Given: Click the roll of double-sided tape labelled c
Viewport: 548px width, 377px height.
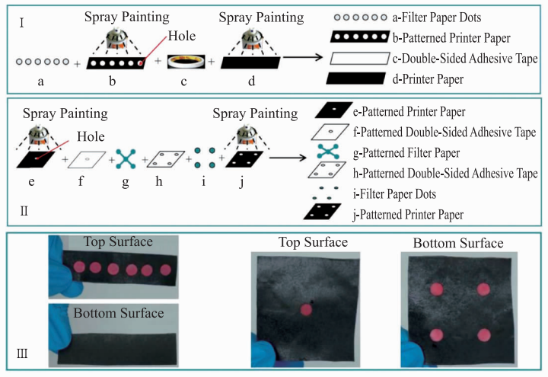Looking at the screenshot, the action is click(x=186, y=61).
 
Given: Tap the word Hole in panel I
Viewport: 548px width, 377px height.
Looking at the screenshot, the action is click(x=182, y=36).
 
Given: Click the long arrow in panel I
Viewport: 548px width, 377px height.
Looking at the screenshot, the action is click(x=303, y=57).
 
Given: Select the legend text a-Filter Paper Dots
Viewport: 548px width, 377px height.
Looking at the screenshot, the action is click(x=437, y=18).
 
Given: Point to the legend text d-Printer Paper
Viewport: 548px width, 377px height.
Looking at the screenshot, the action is click(x=428, y=79).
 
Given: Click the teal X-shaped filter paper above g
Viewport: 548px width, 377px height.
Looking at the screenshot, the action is click(x=126, y=159).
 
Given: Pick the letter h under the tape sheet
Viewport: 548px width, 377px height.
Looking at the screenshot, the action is click(x=159, y=181).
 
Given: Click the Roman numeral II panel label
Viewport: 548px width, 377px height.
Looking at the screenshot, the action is click(x=24, y=211).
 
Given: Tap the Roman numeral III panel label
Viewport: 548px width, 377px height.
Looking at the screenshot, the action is click(x=22, y=354).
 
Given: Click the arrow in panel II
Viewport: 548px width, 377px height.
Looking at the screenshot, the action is click(x=288, y=158).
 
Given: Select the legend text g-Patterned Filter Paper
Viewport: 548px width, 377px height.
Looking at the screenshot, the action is click(x=406, y=153).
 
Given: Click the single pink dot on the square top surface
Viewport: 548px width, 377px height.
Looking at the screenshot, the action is click(x=306, y=310).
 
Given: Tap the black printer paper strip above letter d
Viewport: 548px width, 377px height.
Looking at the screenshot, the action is click(x=250, y=62).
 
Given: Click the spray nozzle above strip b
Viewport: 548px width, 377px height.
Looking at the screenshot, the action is click(x=116, y=38).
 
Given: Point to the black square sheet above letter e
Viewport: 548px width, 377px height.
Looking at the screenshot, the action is click(x=36, y=159).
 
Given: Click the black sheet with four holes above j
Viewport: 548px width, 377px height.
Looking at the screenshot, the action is click(x=244, y=159).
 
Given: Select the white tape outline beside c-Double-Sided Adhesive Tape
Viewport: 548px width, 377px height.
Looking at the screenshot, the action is click(x=359, y=59).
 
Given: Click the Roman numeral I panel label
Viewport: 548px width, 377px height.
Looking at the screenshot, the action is click(x=21, y=23).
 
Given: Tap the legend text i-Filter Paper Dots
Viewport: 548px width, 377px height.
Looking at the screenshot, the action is click(x=394, y=194).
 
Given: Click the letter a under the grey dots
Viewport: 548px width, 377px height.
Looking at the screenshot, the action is click(x=41, y=82).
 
